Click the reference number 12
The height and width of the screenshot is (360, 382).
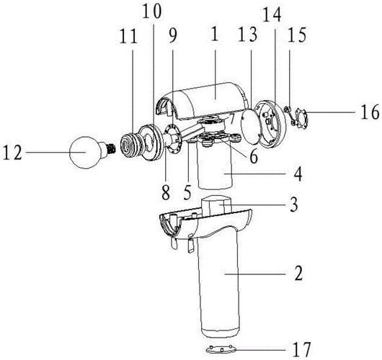[13, 153]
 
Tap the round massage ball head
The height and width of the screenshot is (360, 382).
[85, 152]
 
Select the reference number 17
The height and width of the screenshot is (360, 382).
[302, 349]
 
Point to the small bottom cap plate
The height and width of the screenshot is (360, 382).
[221, 350]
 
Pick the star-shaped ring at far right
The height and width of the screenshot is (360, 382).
[301, 117]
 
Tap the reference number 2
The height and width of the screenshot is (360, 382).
[298, 273]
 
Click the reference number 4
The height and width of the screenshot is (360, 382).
[298, 174]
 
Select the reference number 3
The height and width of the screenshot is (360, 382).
[294, 204]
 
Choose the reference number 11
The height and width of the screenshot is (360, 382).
[128, 36]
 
